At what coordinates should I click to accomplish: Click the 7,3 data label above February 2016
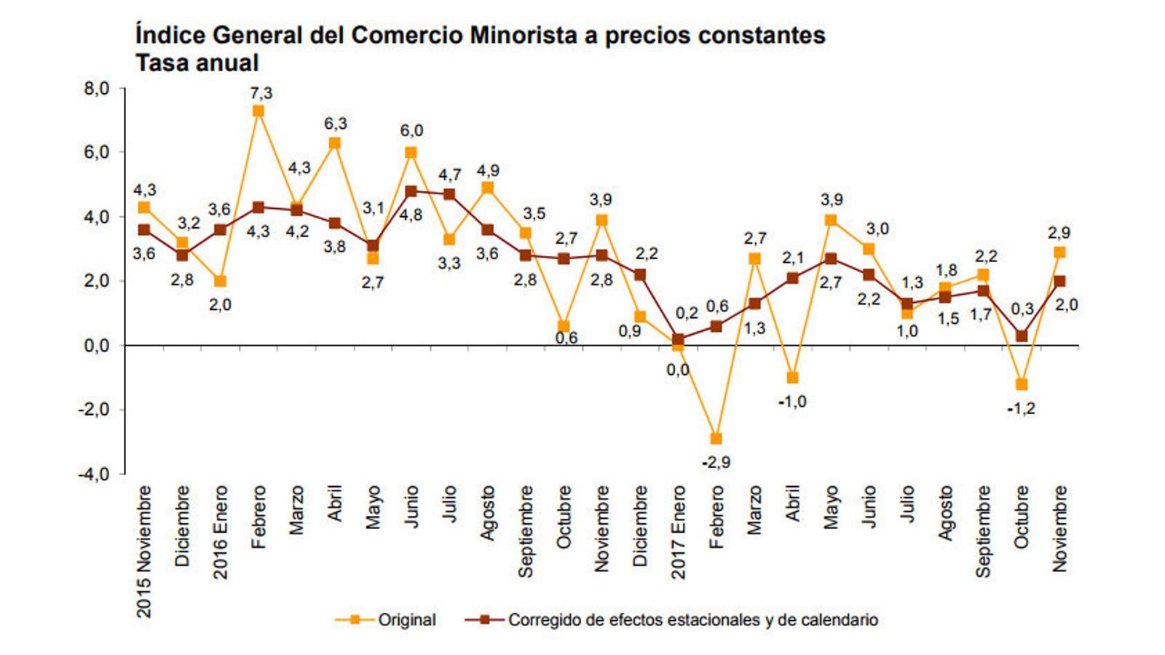[261, 93]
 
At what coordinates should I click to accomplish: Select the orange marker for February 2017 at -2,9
[716, 438]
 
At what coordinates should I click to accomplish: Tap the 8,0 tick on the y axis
[95, 89]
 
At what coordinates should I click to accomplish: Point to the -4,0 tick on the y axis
[93, 474]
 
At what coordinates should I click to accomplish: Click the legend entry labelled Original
[406, 620]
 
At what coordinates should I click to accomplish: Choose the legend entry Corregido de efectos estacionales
[692, 620]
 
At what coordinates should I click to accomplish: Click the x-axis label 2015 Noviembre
[145, 552]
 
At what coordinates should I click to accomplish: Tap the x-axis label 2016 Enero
[221, 533]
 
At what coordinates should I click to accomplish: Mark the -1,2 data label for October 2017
[1021, 409]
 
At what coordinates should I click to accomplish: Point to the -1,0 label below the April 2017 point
[792, 402]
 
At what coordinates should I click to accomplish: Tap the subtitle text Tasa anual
[197, 63]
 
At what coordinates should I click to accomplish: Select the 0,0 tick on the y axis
[95, 346]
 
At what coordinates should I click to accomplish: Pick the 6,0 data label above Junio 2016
[411, 131]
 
